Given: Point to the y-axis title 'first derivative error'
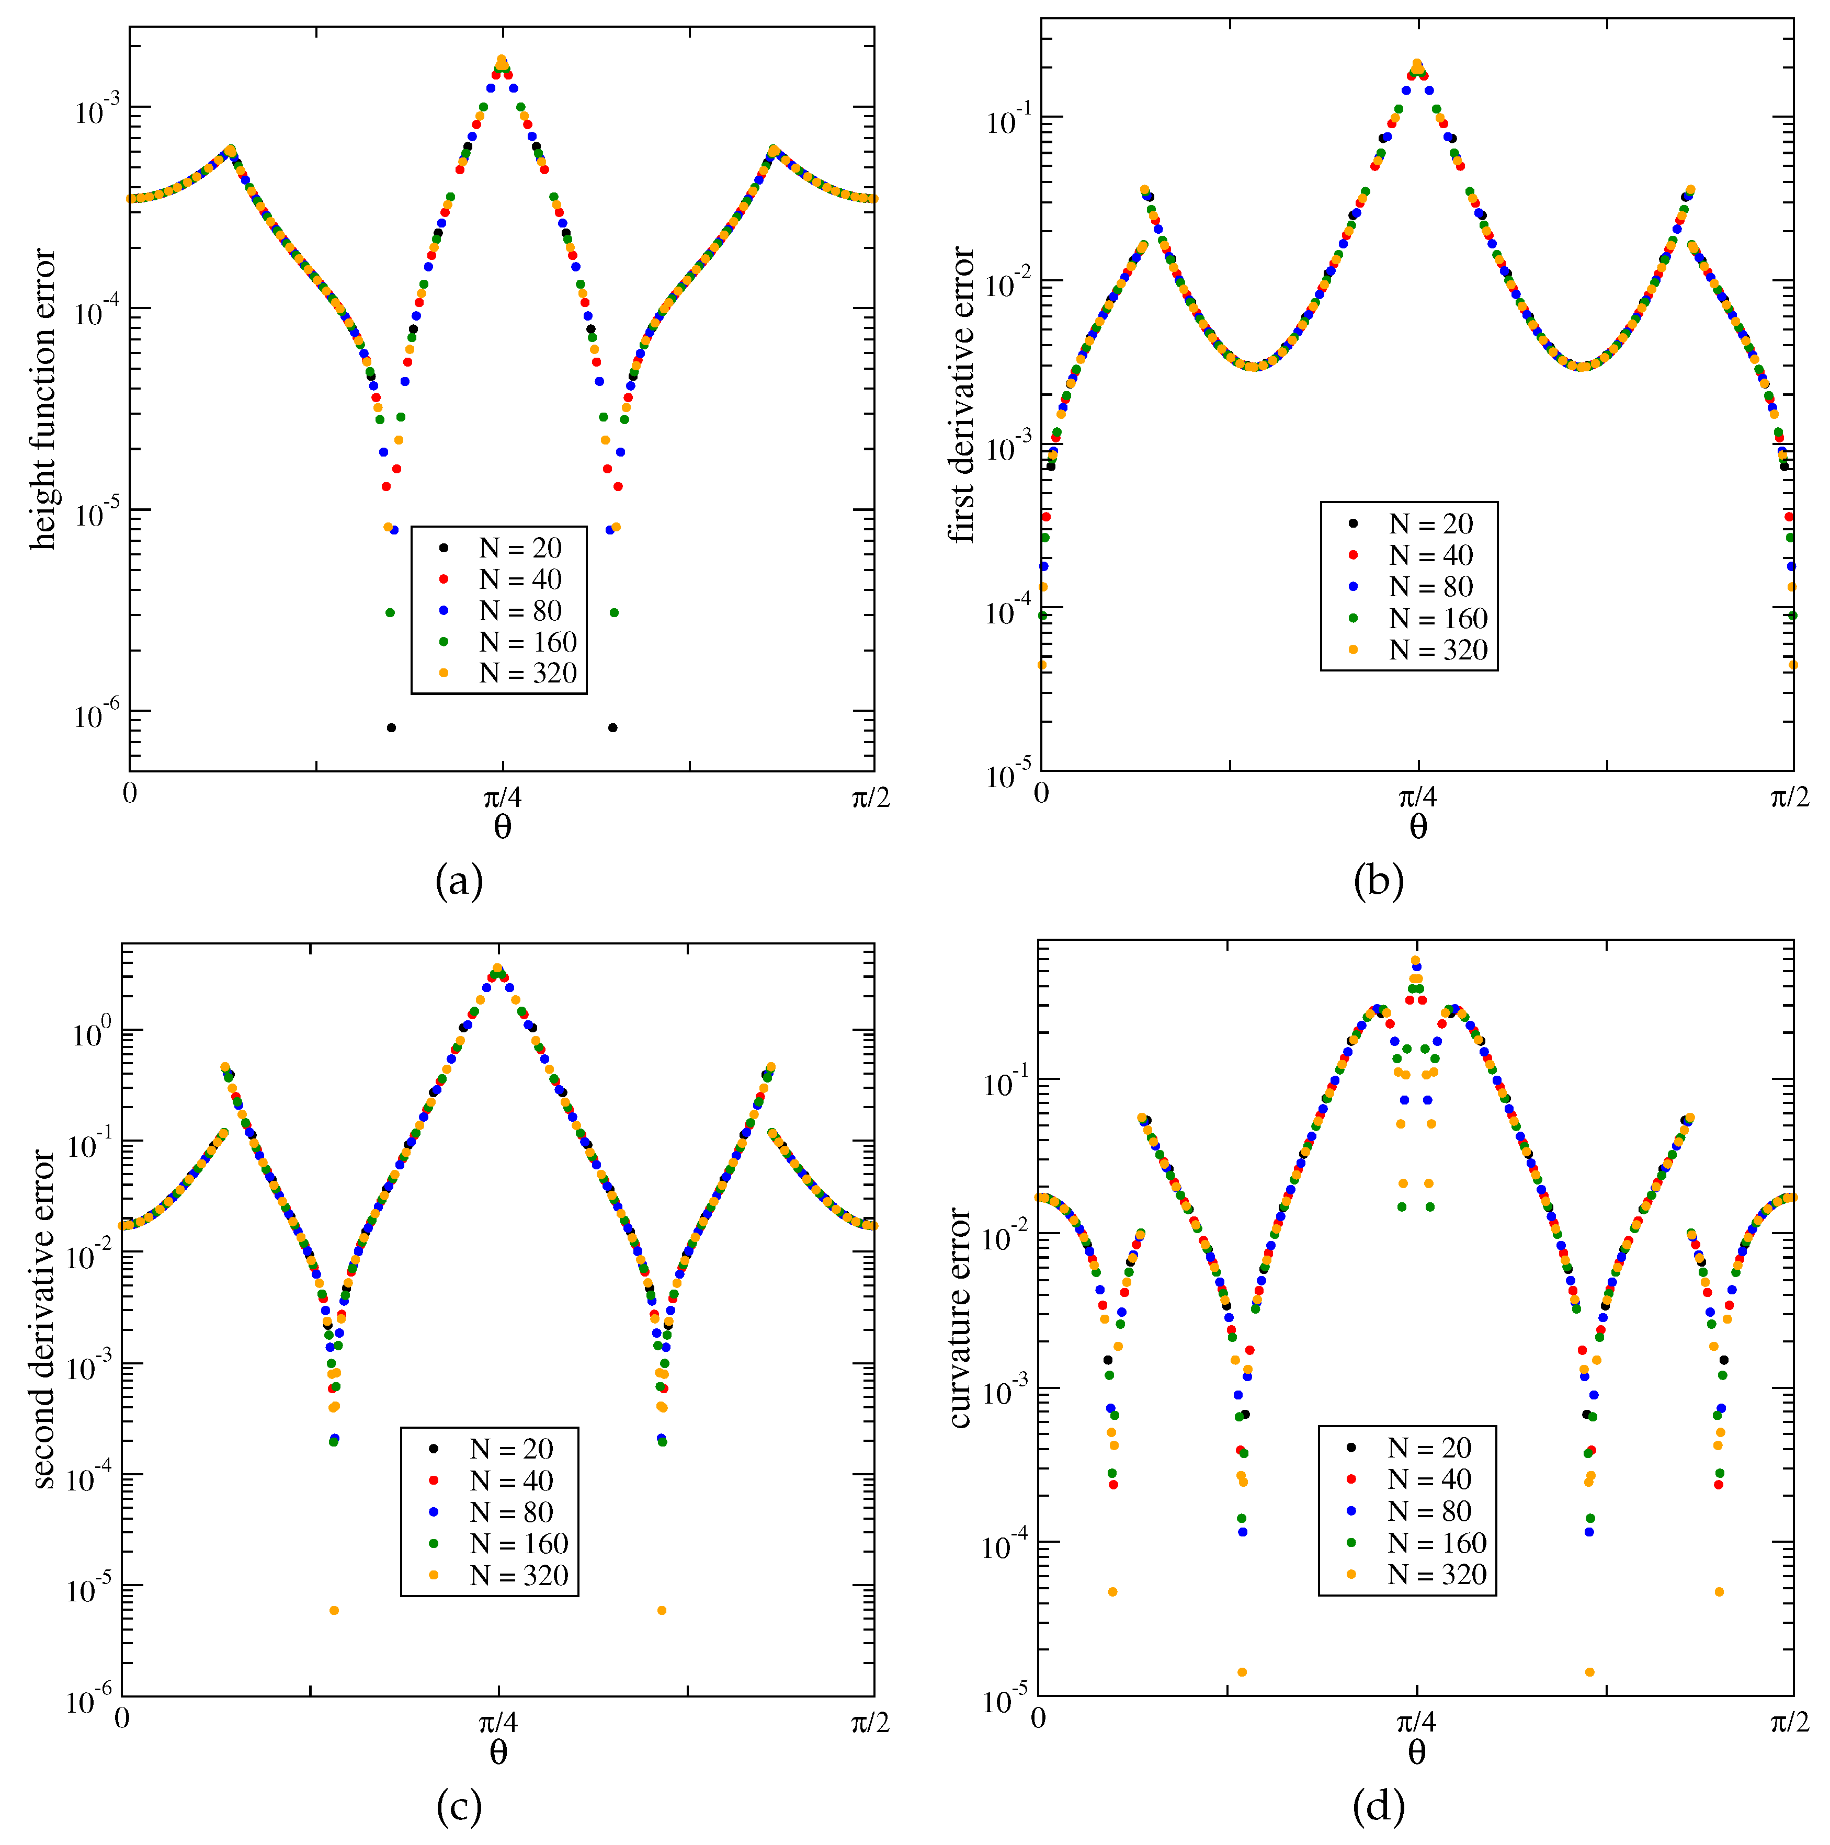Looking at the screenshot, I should pos(962,395).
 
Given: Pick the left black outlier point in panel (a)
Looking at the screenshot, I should pos(391,727).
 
